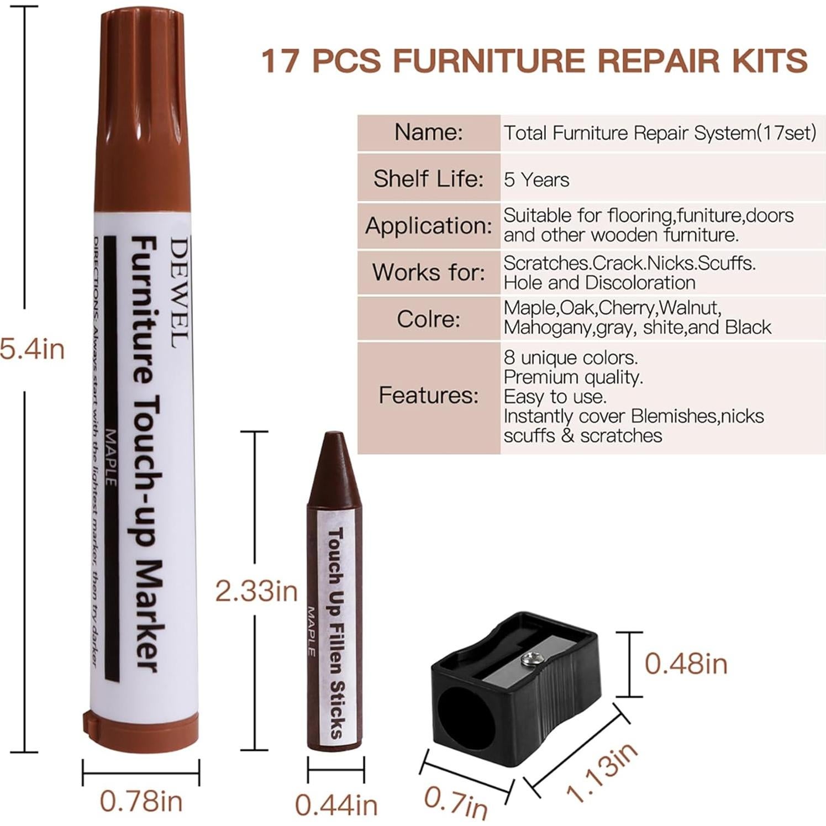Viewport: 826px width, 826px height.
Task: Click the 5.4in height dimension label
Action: click(x=32, y=350)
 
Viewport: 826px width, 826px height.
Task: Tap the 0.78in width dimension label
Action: click(x=141, y=802)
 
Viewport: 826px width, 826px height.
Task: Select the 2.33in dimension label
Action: click(x=256, y=591)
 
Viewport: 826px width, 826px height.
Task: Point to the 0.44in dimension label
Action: click(x=336, y=805)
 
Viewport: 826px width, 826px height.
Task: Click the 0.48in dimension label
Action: click(x=686, y=664)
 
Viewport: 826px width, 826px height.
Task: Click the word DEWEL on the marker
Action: click(x=180, y=292)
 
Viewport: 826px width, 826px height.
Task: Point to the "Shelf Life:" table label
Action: click(x=428, y=178)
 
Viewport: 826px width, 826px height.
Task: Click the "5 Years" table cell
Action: click(x=536, y=180)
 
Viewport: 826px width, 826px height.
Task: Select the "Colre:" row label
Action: click(x=428, y=319)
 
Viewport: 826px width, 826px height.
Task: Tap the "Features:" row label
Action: click(x=428, y=395)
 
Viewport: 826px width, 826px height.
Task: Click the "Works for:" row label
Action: click(x=428, y=272)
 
